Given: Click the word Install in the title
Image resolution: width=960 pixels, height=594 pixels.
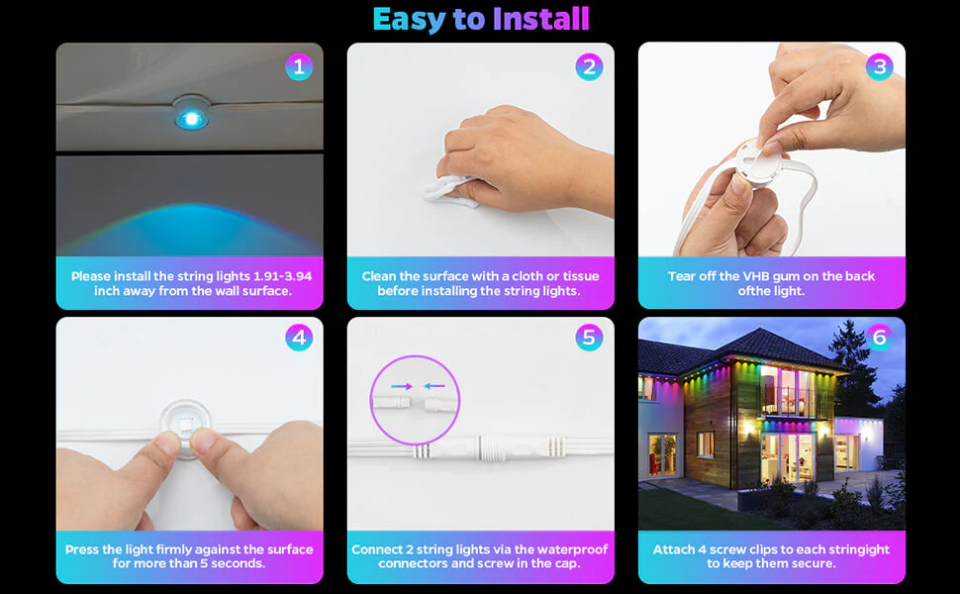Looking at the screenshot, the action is (540, 19).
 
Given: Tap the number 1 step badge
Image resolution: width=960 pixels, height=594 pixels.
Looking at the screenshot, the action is (299, 66).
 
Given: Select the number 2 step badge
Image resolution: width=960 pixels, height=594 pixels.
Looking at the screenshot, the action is (589, 66).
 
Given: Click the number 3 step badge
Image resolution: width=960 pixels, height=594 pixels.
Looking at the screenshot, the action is (880, 66).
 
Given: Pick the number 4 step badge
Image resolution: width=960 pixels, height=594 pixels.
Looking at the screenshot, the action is (299, 338).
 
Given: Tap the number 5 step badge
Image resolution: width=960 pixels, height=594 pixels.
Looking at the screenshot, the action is (589, 338).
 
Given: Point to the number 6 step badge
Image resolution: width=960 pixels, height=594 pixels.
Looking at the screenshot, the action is (880, 338).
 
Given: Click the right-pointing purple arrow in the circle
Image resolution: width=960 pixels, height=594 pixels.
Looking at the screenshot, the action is (402, 386).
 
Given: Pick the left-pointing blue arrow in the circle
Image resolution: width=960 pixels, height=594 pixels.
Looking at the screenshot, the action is (434, 386).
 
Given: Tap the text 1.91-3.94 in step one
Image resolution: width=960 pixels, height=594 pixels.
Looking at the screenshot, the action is (283, 276).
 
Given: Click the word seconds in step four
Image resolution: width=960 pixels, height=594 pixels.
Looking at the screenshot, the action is (239, 563).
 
